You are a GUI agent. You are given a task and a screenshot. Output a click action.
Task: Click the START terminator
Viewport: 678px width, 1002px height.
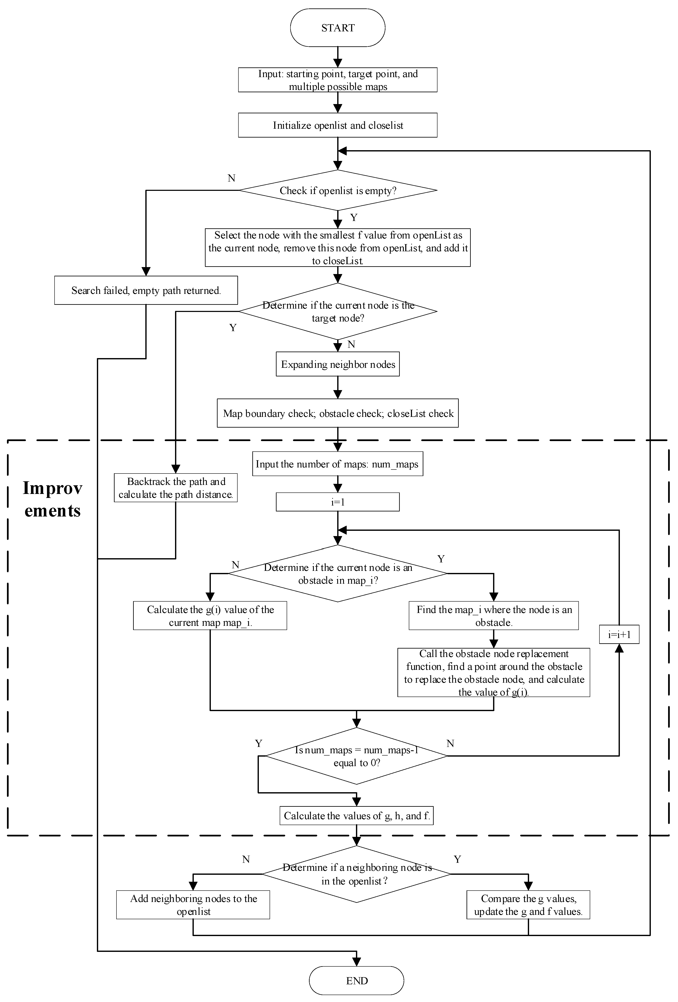(x=337, y=28)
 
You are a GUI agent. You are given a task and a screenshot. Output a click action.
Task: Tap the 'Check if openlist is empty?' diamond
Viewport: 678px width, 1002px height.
(x=337, y=191)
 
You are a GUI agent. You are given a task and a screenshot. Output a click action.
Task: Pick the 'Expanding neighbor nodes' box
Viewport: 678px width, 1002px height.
(x=337, y=364)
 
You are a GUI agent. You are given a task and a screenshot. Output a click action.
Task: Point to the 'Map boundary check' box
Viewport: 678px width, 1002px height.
(x=337, y=413)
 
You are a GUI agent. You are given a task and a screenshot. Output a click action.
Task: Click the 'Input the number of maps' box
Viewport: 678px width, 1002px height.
(x=337, y=464)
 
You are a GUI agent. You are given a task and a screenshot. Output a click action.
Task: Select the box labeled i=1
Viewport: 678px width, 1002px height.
(x=337, y=502)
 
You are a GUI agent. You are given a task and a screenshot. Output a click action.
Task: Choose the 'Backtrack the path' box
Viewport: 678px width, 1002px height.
(x=175, y=488)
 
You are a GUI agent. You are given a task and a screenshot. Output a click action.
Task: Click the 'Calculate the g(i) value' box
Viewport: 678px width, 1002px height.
(x=210, y=616)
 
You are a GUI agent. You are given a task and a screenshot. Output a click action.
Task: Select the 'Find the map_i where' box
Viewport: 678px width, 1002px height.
(x=493, y=616)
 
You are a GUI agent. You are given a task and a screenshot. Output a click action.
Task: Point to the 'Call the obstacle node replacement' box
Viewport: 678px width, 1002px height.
(x=493, y=673)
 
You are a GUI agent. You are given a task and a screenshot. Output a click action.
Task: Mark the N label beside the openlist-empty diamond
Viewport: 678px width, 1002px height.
(x=231, y=178)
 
